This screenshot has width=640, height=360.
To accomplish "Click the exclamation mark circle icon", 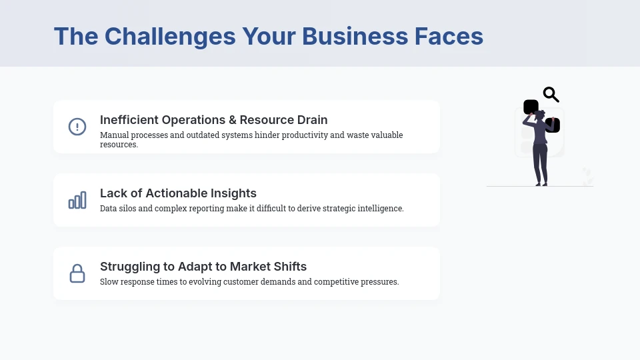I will click(x=77, y=127).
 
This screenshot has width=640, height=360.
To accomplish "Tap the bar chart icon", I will click(x=77, y=200).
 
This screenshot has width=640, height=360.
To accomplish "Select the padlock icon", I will click(x=77, y=273).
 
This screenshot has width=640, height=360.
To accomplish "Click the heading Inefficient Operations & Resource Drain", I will click(x=213, y=120).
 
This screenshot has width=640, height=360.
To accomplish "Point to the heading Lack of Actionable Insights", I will click(x=178, y=193).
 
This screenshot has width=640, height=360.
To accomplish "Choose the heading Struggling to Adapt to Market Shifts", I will click(x=203, y=267).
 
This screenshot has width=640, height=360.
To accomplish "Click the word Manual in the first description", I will click(x=114, y=135).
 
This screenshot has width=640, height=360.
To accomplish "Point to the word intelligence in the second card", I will click(x=380, y=209).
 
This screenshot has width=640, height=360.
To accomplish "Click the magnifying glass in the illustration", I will click(x=551, y=95).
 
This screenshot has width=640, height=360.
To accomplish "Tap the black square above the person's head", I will click(x=531, y=107).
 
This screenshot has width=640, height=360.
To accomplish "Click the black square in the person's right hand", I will click(x=553, y=125).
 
